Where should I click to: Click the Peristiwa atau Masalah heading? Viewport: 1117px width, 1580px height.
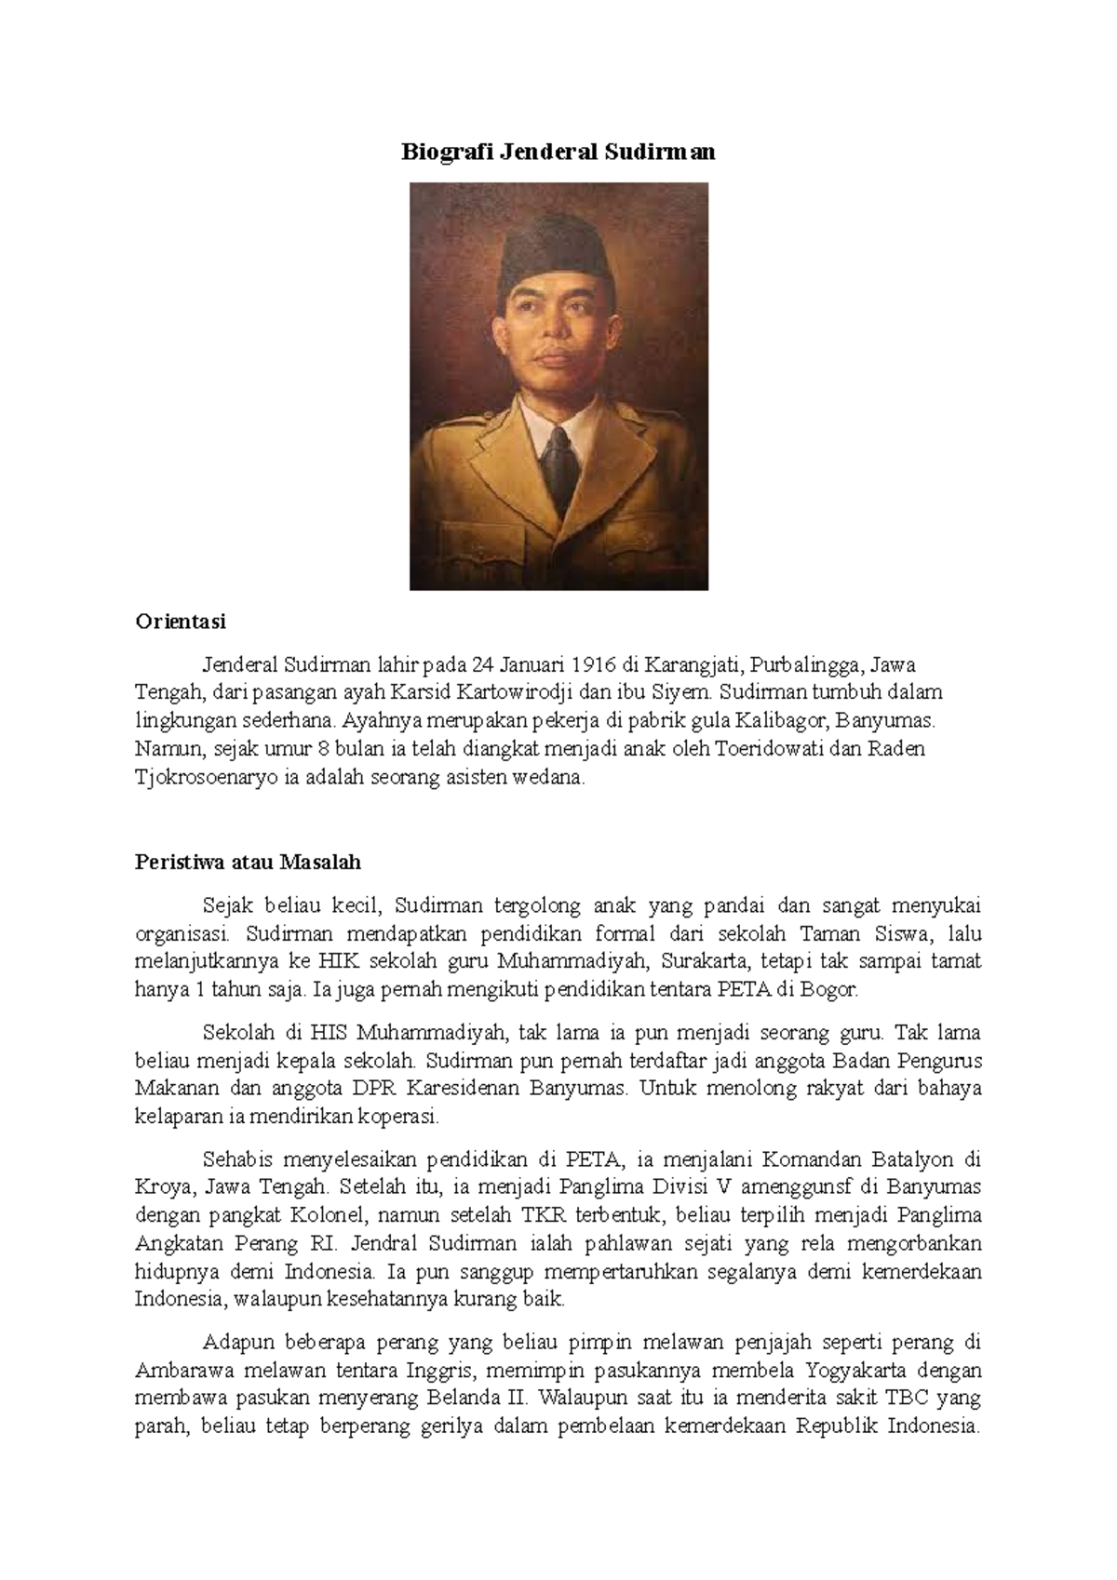pyautogui.click(x=248, y=862)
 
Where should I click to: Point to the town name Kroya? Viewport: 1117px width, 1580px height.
pyautogui.click(x=161, y=1186)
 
